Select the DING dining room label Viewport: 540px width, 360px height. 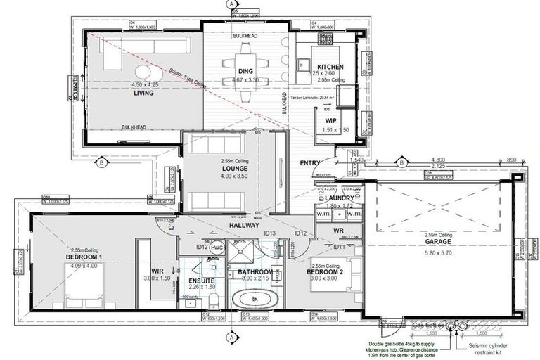(x=245, y=71)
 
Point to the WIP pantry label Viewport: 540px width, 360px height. (x=330, y=121)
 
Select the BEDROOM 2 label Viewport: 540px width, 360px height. (x=325, y=271)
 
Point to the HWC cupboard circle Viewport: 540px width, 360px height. (x=217, y=247)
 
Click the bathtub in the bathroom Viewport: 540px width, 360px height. (x=255, y=299)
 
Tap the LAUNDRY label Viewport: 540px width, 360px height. (x=340, y=198)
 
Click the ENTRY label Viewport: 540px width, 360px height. (x=309, y=163)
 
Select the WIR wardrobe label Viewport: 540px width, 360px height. (x=157, y=271)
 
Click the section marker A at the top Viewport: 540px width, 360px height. (x=231, y=4)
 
